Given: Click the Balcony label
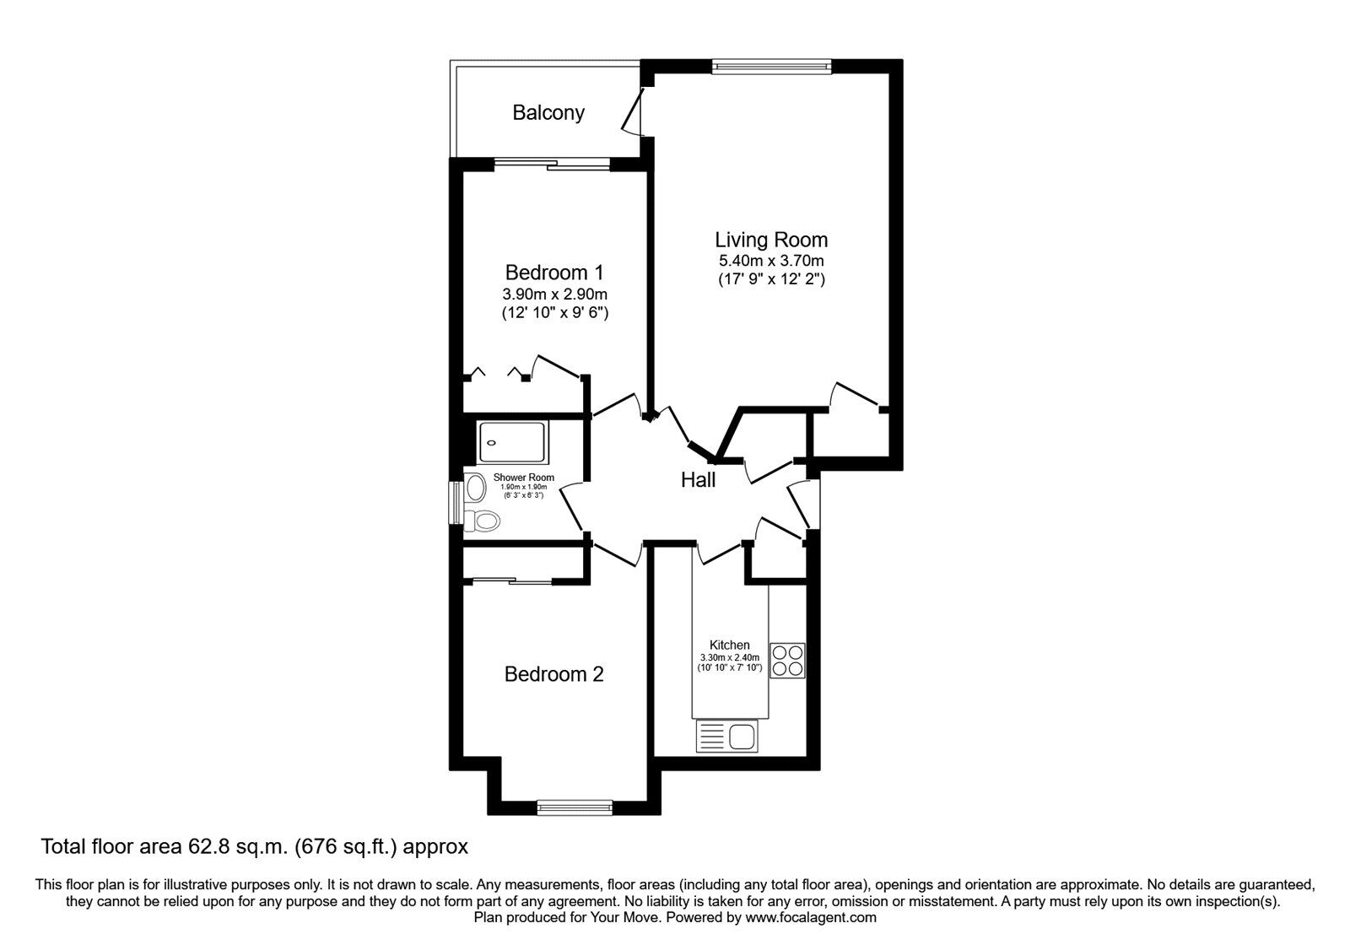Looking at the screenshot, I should (x=548, y=113).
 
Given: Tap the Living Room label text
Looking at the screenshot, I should (x=771, y=240).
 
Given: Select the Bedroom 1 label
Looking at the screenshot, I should (x=554, y=273).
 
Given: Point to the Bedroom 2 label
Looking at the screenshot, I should (x=554, y=674).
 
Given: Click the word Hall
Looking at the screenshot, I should (x=698, y=480).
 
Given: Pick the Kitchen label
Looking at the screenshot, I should (x=729, y=645).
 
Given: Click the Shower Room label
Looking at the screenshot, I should (x=524, y=478).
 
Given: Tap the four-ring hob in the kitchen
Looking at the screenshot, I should (x=787, y=660).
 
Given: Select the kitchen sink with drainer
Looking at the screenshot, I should (x=727, y=737).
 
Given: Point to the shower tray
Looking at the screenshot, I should (x=513, y=442).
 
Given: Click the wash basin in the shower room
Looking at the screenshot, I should (x=476, y=487).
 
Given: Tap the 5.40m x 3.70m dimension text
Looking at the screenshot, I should (x=770, y=261).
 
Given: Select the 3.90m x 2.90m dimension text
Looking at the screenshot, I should (x=554, y=294).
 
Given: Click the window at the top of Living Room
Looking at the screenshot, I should (x=771, y=65).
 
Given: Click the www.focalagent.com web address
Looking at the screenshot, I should (x=810, y=917).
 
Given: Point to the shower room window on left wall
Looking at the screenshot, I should (x=456, y=504).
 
